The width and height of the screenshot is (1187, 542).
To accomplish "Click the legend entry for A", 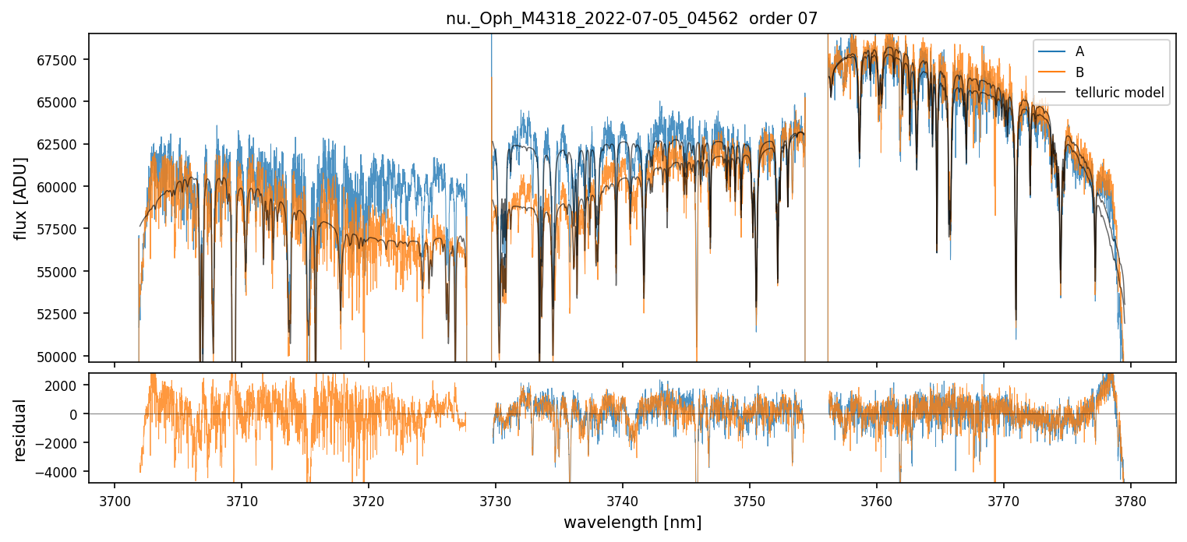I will [x=1079, y=51].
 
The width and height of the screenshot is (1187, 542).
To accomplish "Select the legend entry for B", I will [x=1079, y=72].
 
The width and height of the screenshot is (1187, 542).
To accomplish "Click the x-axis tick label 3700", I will [x=115, y=499].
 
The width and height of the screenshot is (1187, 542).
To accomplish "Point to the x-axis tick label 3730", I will [x=496, y=499].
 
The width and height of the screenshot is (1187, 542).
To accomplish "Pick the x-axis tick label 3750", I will [x=750, y=499].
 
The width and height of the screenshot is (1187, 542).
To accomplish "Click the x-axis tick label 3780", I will [x=1131, y=499].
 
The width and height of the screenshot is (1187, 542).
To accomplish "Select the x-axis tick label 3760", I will [x=877, y=499].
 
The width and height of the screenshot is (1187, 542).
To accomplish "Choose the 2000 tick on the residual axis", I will [x=69, y=385].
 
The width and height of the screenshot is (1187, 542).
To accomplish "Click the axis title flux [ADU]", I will [x=21, y=198].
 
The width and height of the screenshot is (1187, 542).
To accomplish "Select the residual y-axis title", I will [x=21, y=430].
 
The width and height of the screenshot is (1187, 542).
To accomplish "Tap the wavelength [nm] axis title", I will [x=632, y=523].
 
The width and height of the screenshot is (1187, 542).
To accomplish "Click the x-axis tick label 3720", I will [x=369, y=499].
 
